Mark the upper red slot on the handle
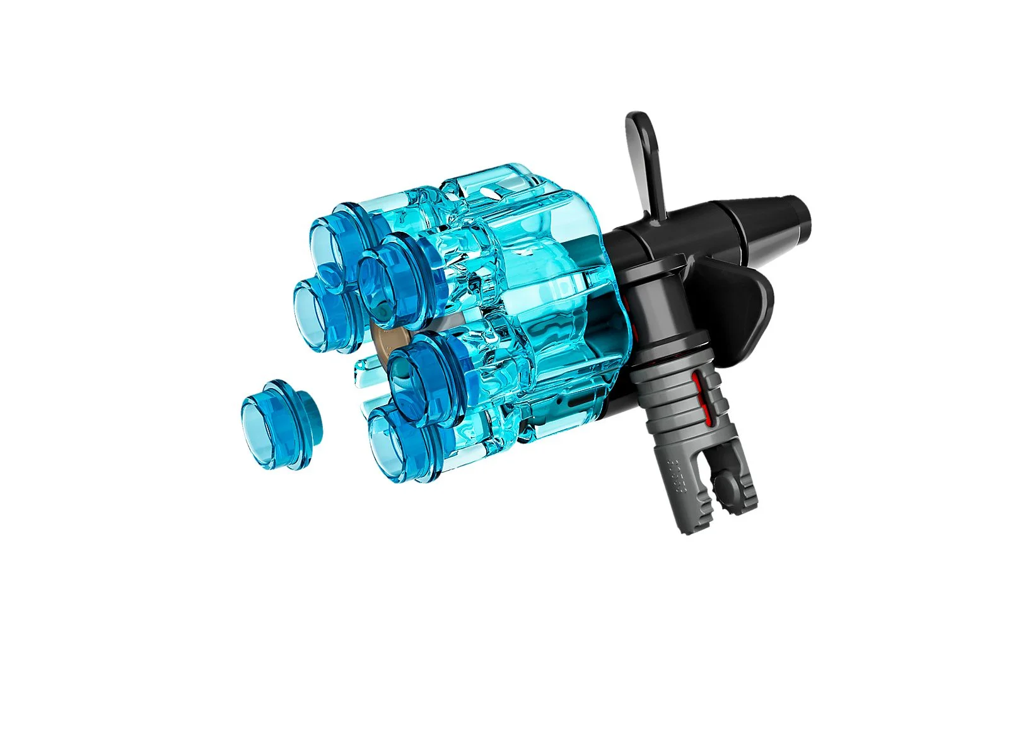point(697,384)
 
